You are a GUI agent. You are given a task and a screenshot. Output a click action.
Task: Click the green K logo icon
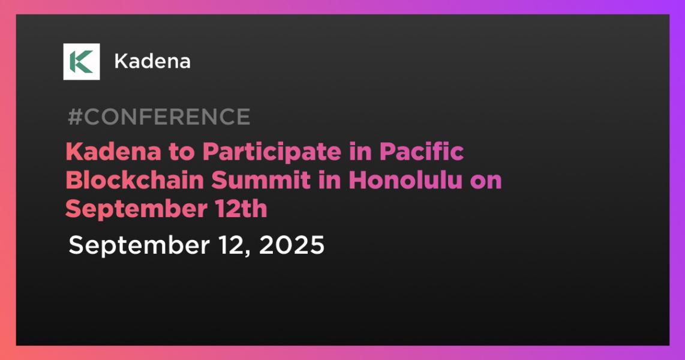coord(81,62)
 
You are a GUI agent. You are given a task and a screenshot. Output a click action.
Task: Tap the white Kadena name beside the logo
coord(152,62)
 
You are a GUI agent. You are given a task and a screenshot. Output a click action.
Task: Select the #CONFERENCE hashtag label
coord(159,116)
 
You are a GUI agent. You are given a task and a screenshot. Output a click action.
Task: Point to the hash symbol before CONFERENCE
coord(75,116)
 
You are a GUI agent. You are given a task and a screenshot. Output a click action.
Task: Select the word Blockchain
coord(134,180)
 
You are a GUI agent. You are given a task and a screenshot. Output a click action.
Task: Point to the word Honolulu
coord(405,180)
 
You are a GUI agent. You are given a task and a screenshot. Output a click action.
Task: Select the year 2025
coord(292,245)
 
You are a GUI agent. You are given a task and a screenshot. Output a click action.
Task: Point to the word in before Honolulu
coord(329,180)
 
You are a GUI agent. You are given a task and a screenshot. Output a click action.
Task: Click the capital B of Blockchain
coord(74,181)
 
